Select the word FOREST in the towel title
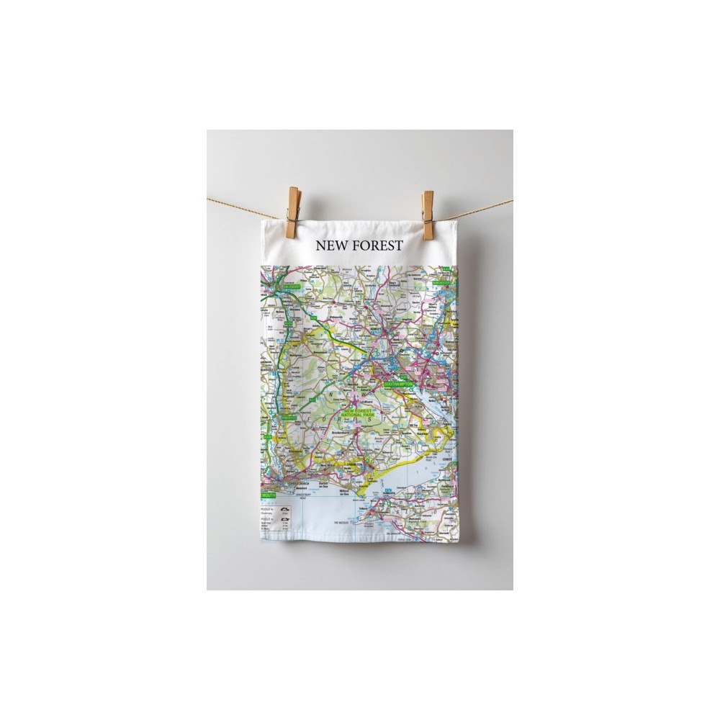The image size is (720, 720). click(377, 246)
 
